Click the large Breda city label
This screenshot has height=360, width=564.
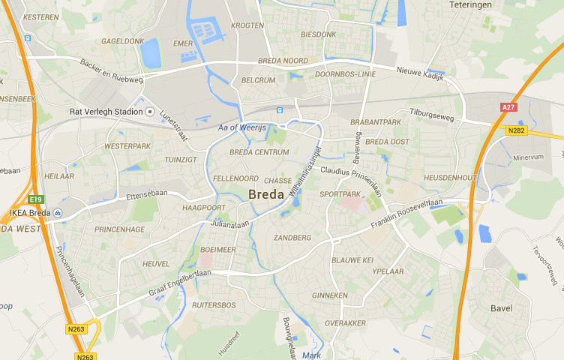click(265, 194)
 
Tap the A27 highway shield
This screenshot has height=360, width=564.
click(508, 107)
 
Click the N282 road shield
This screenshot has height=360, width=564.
click(516, 130)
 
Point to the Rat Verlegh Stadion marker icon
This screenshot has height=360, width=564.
click(150, 112)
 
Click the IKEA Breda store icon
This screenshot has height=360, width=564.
click(57, 213)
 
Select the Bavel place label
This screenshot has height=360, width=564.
click(501, 308)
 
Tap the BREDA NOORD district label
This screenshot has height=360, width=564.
click(283, 61)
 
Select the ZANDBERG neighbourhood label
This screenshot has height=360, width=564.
click(292, 238)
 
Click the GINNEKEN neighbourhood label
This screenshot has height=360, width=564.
click(330, 295)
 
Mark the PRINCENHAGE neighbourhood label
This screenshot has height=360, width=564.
click(119, 229)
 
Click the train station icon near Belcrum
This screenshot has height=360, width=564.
click(280, 110)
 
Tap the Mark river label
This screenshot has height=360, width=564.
click(312, 355)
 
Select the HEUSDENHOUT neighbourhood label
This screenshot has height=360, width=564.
click(450, 178)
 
